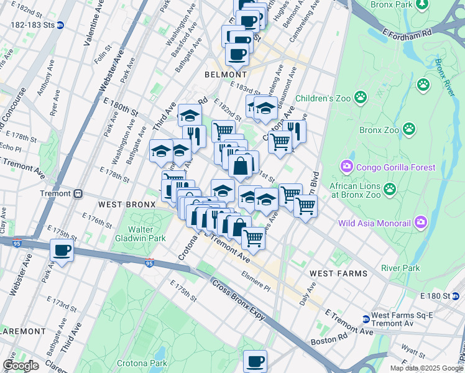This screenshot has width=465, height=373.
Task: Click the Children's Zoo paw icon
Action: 360,97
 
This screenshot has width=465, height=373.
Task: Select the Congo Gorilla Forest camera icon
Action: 346,166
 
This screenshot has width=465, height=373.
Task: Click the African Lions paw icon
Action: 390,188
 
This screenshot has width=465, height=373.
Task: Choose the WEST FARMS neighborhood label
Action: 338,273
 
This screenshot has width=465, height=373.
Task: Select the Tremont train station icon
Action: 79,193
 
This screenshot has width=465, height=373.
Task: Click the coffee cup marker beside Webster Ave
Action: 62,251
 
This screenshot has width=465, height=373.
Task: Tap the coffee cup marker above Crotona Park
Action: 255,361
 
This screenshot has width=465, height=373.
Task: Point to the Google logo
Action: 21,366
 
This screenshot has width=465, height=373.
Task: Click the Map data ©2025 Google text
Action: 426,368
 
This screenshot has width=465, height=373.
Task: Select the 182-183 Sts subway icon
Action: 61,25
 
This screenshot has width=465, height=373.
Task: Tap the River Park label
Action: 400,268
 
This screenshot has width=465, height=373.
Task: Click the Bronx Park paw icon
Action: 423,5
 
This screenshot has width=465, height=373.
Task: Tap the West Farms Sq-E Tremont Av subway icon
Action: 366,319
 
